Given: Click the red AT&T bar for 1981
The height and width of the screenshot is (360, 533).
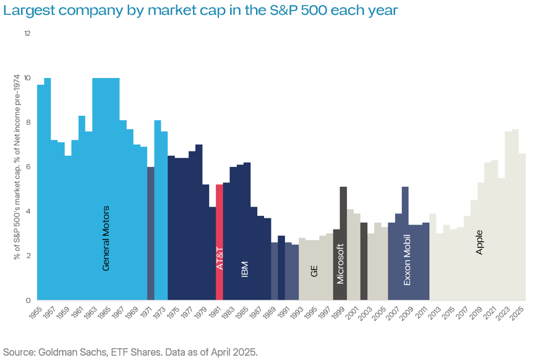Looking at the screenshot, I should [220, 241].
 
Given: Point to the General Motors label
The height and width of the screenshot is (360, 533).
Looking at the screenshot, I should [106, 238].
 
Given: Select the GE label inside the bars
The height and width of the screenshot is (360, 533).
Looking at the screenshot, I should [314, 270].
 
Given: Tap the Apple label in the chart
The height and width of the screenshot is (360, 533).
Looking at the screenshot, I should [479, 242].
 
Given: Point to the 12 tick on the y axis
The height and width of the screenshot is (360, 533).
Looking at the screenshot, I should [27, 33].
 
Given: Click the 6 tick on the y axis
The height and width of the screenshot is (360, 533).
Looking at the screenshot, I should [28, 167].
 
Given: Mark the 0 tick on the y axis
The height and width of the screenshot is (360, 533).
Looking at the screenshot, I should [28, 301].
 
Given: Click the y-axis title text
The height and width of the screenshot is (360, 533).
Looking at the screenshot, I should [17, 167].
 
